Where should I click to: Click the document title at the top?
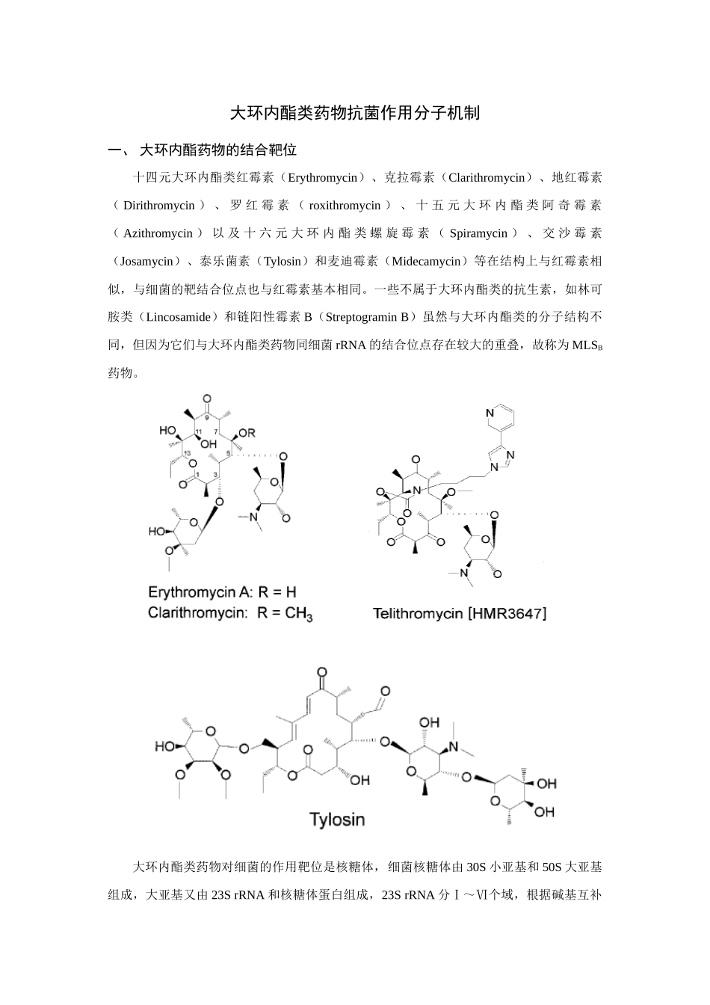click(354, 114)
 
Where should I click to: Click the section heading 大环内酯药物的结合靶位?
click(218, 150)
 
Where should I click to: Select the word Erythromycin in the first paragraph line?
click(322, 178)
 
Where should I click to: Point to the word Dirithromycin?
click(158, 206)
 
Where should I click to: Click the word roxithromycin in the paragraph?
click(345, 206)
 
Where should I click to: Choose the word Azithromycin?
click(158, 233)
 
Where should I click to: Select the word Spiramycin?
click(478, 233)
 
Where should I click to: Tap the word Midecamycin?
click(426, 261)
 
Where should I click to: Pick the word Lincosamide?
click(178, 316)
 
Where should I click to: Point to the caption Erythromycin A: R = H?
click(222, 593)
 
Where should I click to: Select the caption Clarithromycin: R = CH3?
click(229, 613)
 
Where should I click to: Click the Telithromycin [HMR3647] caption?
click(460, 614)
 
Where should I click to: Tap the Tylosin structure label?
click(337, 820)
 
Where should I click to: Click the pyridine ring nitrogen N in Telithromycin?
click(490, 413)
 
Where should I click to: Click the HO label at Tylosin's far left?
click(164, 746)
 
